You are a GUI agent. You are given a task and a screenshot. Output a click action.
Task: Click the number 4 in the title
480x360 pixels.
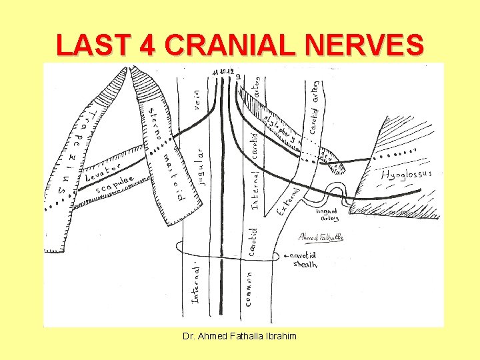coord(145,45)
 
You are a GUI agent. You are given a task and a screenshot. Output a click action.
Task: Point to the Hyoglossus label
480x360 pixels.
coord(407,175)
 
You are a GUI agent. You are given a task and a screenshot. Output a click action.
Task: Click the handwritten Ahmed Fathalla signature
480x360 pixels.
coord(321,237)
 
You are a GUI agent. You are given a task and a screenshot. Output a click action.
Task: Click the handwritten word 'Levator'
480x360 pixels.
coord(102,173)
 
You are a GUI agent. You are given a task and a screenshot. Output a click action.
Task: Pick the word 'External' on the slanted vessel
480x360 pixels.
coord(288,200)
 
